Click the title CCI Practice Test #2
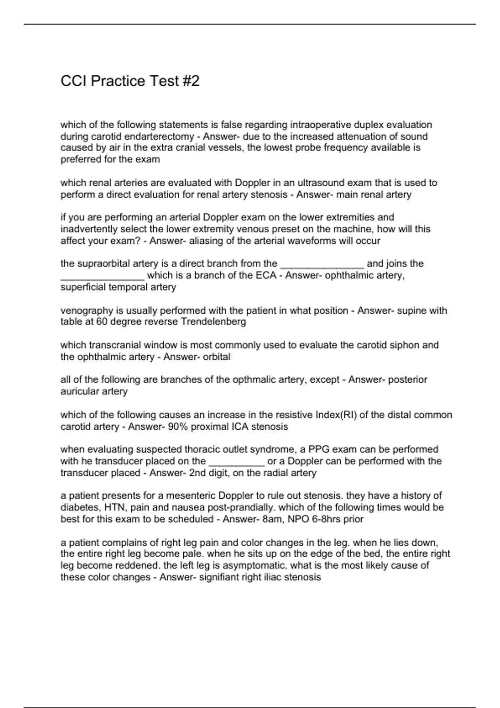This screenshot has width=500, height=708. [130, 81]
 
